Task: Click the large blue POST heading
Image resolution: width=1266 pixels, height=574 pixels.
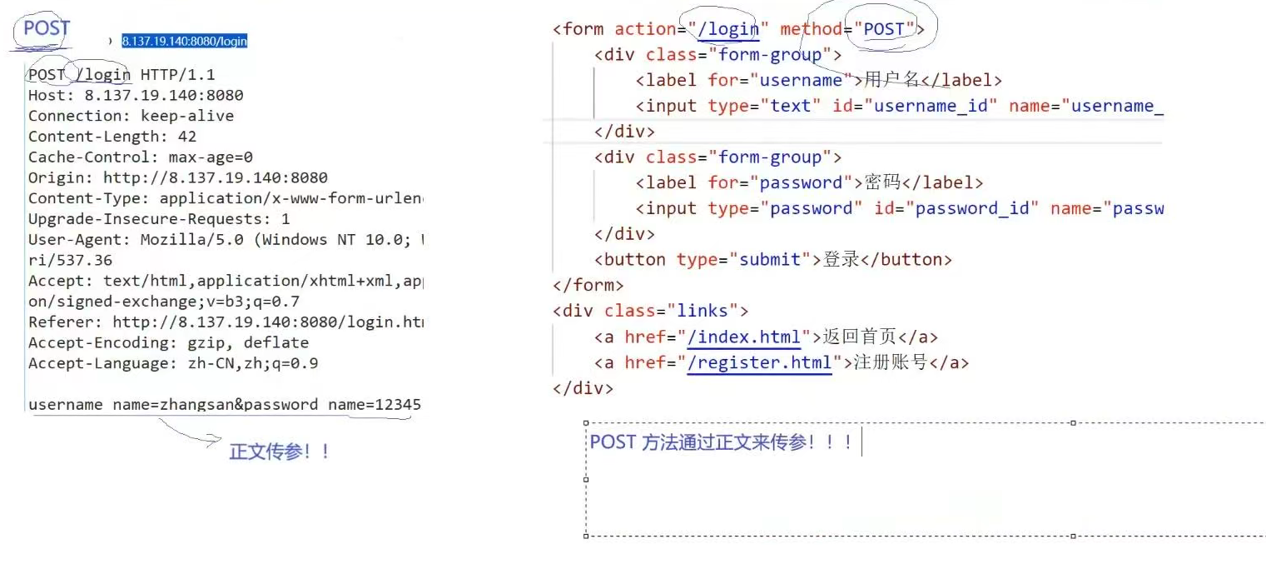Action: click(47, 28)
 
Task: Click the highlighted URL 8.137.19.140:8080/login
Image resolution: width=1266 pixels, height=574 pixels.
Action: click(184, 41)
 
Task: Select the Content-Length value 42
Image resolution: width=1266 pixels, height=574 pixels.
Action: click(187, 137)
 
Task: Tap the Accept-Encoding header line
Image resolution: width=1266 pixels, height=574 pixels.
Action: click(168, 342)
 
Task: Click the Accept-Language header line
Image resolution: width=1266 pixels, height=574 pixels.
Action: click(172, 363)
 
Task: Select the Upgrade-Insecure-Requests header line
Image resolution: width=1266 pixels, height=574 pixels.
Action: click(159, 219)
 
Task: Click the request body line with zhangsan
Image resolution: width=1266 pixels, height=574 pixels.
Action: click(224, 405)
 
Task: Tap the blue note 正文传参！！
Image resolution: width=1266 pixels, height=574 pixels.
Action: click(280, 452)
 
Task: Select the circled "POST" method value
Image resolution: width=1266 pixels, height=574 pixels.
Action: click(883, 29)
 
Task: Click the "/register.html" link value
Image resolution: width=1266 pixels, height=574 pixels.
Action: click(759, 363)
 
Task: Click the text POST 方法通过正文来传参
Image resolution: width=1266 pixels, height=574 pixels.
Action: click(721, 442)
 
